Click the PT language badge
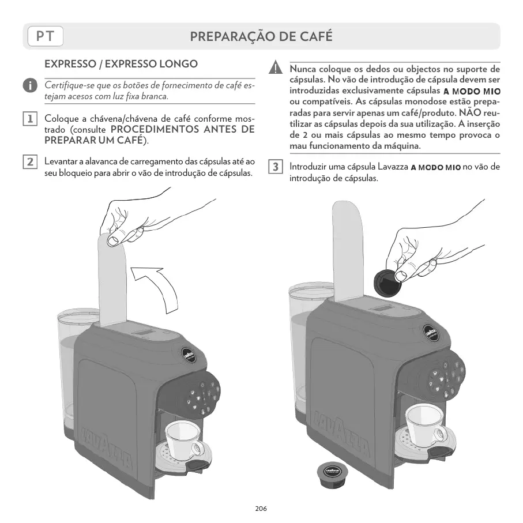point(45,36)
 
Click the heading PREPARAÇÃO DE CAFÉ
point(261,36)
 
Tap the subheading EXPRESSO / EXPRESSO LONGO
point(121,64)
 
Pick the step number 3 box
point(276,167)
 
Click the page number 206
point(261,509)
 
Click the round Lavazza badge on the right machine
point(431,333)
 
